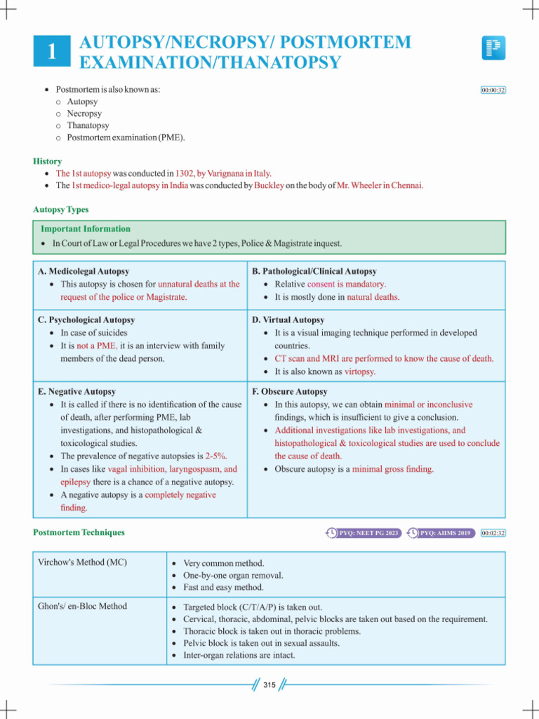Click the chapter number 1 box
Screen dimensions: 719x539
pyautogui.click(x=51, y=52)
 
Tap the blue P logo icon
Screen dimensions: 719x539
pyautogui.click(x=493, y=48)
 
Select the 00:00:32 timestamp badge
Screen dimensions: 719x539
pyautogui.click(x=493, y=91)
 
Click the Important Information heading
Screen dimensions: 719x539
pyautogui.click(x=86, y=229)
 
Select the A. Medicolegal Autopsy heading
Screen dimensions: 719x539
pyautogui.click(x=84, y=271)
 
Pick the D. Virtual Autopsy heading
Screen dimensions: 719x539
pyautogui.click(x=288, y=319)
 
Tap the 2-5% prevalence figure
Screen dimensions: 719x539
pyautogui.click(x=215, y=456)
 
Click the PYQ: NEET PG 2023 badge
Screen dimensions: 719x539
pyautogui.click(x=364, y=533)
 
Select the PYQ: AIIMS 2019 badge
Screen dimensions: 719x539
pyautogui.click(x=441, y=533)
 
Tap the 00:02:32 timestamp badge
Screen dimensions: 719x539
pyautogui.click(x=493, y=533)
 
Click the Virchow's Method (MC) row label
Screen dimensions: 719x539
pyautogui.click(x=82, y=562)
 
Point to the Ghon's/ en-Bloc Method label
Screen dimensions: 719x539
pyautogui.click(x=83, y=606)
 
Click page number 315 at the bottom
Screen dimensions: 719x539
pyautogui.click(x=269, y=685)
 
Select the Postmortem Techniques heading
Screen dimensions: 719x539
pyautogui.click(x=79, y=532)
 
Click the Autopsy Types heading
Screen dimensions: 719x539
pyautogui.click(x=61, y=209)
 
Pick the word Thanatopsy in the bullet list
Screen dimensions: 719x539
pyautogui.click(x=88, y=125)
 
